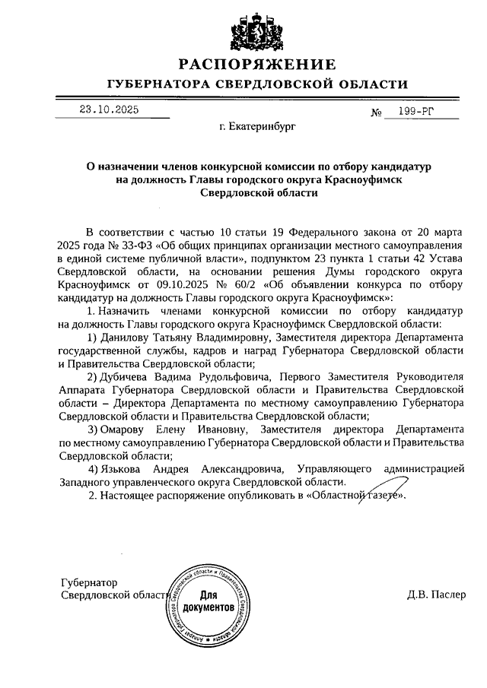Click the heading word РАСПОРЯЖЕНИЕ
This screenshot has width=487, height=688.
tap(256, 64)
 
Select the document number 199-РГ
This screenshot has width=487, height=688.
tap(417, 113)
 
